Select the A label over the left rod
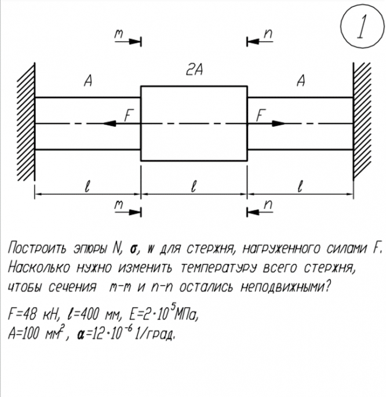coord(88,82)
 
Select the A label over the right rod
coord(300,82)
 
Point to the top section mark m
coord(119,35)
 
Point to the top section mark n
coord(268,35)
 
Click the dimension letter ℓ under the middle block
coord(194,187)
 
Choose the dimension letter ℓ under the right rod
coord(300,187)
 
